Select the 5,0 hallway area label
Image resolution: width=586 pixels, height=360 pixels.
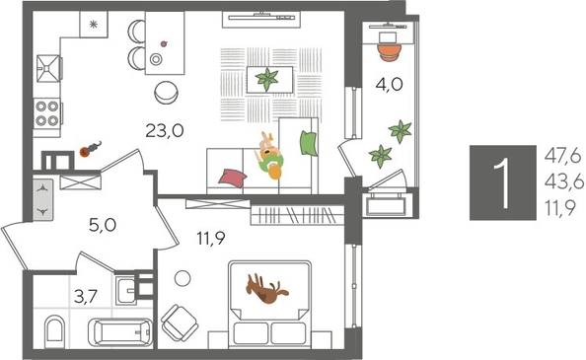coord(102,224)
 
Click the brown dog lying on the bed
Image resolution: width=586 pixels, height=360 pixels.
coord(266,290)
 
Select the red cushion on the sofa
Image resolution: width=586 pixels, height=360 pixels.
coord(232,177)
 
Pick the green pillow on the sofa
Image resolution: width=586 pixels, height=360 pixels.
coord(307,143)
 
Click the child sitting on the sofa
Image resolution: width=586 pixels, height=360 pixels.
coord(268,156)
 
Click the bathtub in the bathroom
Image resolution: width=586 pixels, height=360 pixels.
coord(119,330)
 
